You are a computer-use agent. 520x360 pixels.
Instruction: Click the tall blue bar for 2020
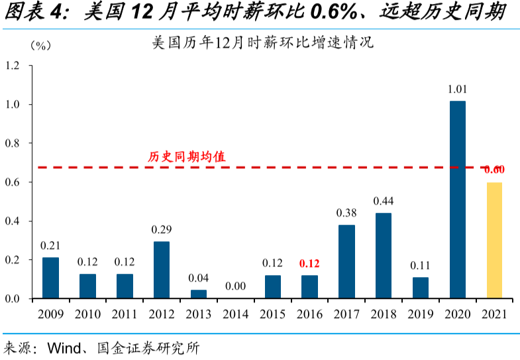click(457, 199)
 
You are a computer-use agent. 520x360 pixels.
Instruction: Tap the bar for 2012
click(162, 270)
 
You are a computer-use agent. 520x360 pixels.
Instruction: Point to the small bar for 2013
click(199, 294)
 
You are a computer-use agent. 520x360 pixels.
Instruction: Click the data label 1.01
click(457, 89)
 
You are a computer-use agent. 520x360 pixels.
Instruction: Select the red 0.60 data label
click(494, 170)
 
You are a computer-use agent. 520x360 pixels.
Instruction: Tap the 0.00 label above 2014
click(235, 286)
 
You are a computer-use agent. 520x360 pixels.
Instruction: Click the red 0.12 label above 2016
click(309, 263)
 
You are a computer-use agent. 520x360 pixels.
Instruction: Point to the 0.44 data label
click(384, 201)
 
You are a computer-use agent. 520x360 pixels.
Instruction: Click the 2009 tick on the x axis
click(50, 314)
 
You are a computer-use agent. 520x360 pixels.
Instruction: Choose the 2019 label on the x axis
click(420, 314)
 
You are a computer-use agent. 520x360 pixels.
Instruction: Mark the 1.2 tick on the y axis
click(13, 66)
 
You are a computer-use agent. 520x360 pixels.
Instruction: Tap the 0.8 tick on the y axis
click(13, 143)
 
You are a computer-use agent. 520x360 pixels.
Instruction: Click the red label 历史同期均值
click(186, 157)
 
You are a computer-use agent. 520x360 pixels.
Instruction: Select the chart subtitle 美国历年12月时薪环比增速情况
click(263, 44)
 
